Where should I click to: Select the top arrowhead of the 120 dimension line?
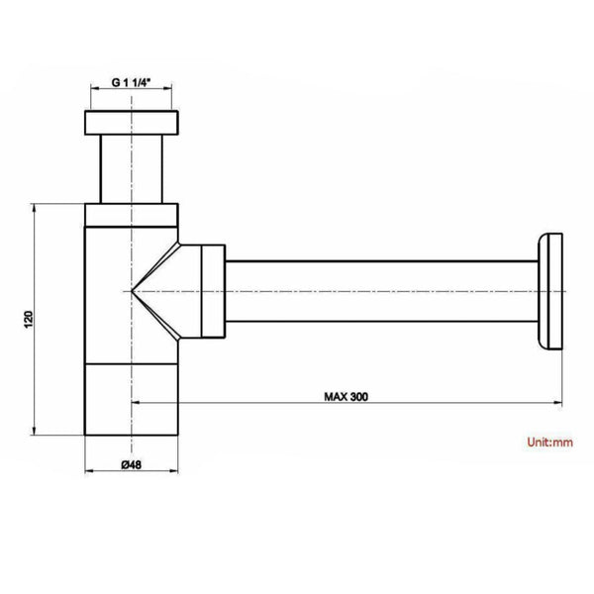coord(38,209)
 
